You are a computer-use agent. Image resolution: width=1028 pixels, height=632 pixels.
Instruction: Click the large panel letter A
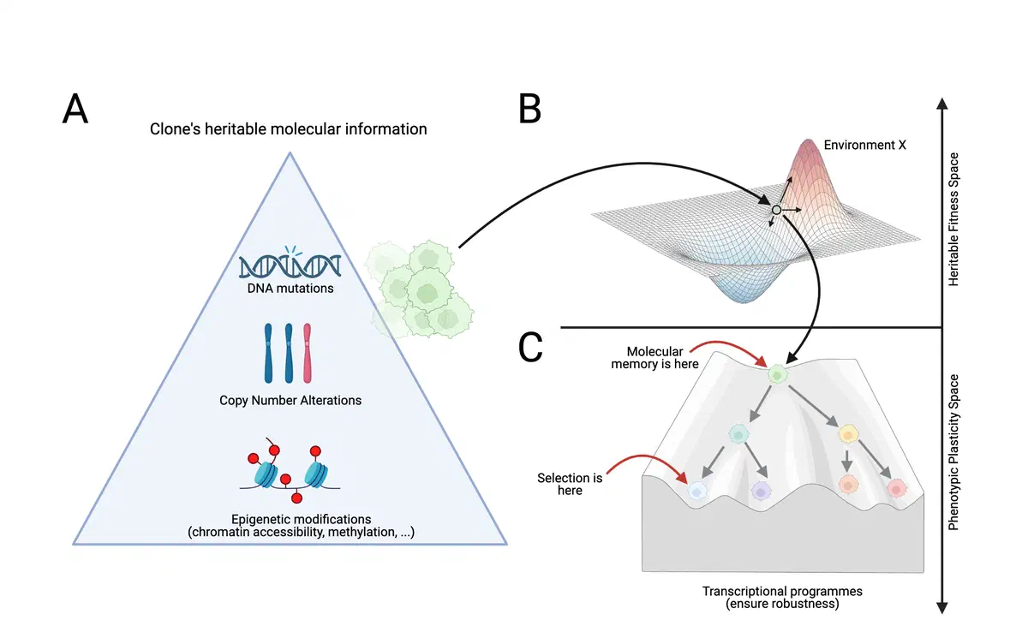click(75, 110)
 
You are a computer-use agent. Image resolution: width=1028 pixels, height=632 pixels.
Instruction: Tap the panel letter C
click(532, 346)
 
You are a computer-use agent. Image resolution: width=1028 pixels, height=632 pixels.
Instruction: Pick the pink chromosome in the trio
click(308, 352)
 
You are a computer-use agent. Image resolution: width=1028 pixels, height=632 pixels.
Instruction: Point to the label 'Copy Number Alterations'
click(290, 400)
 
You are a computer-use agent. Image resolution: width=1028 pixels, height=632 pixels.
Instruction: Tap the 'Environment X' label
click(864, 146)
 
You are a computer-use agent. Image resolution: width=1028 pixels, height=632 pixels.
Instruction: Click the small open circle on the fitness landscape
click(776, 210)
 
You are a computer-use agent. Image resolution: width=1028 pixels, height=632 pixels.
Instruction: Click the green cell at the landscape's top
click(777, 373)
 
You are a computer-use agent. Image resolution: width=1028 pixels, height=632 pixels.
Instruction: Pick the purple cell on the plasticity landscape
click(760, 491)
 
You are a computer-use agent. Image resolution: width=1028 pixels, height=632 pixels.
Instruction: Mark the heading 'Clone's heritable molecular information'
click(290, 129)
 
